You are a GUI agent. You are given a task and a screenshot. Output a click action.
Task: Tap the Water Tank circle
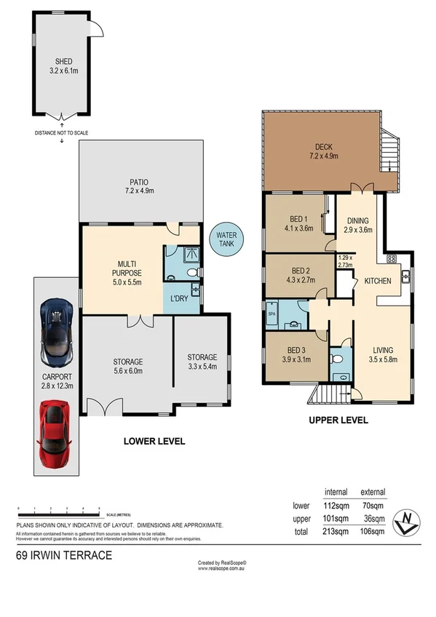pyautogui.click(x=222, y=239)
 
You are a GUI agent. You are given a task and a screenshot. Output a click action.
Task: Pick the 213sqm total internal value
pyautogui.click(x=335, y=531)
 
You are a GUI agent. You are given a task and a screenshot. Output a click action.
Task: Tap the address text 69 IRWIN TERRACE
pyautogui.click(x=64, y=555)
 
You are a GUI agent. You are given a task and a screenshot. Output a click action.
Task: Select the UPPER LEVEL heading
pyautogui.click(x=338, y=420)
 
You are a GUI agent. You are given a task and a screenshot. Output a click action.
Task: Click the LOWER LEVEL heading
pyautogui.click(x=154, y=441)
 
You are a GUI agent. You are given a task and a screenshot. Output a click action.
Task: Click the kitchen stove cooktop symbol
pyautogui.click(x=391, y=258)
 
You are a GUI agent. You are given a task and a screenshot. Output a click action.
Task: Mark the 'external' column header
pyautogui.click(x=373, y=492)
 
